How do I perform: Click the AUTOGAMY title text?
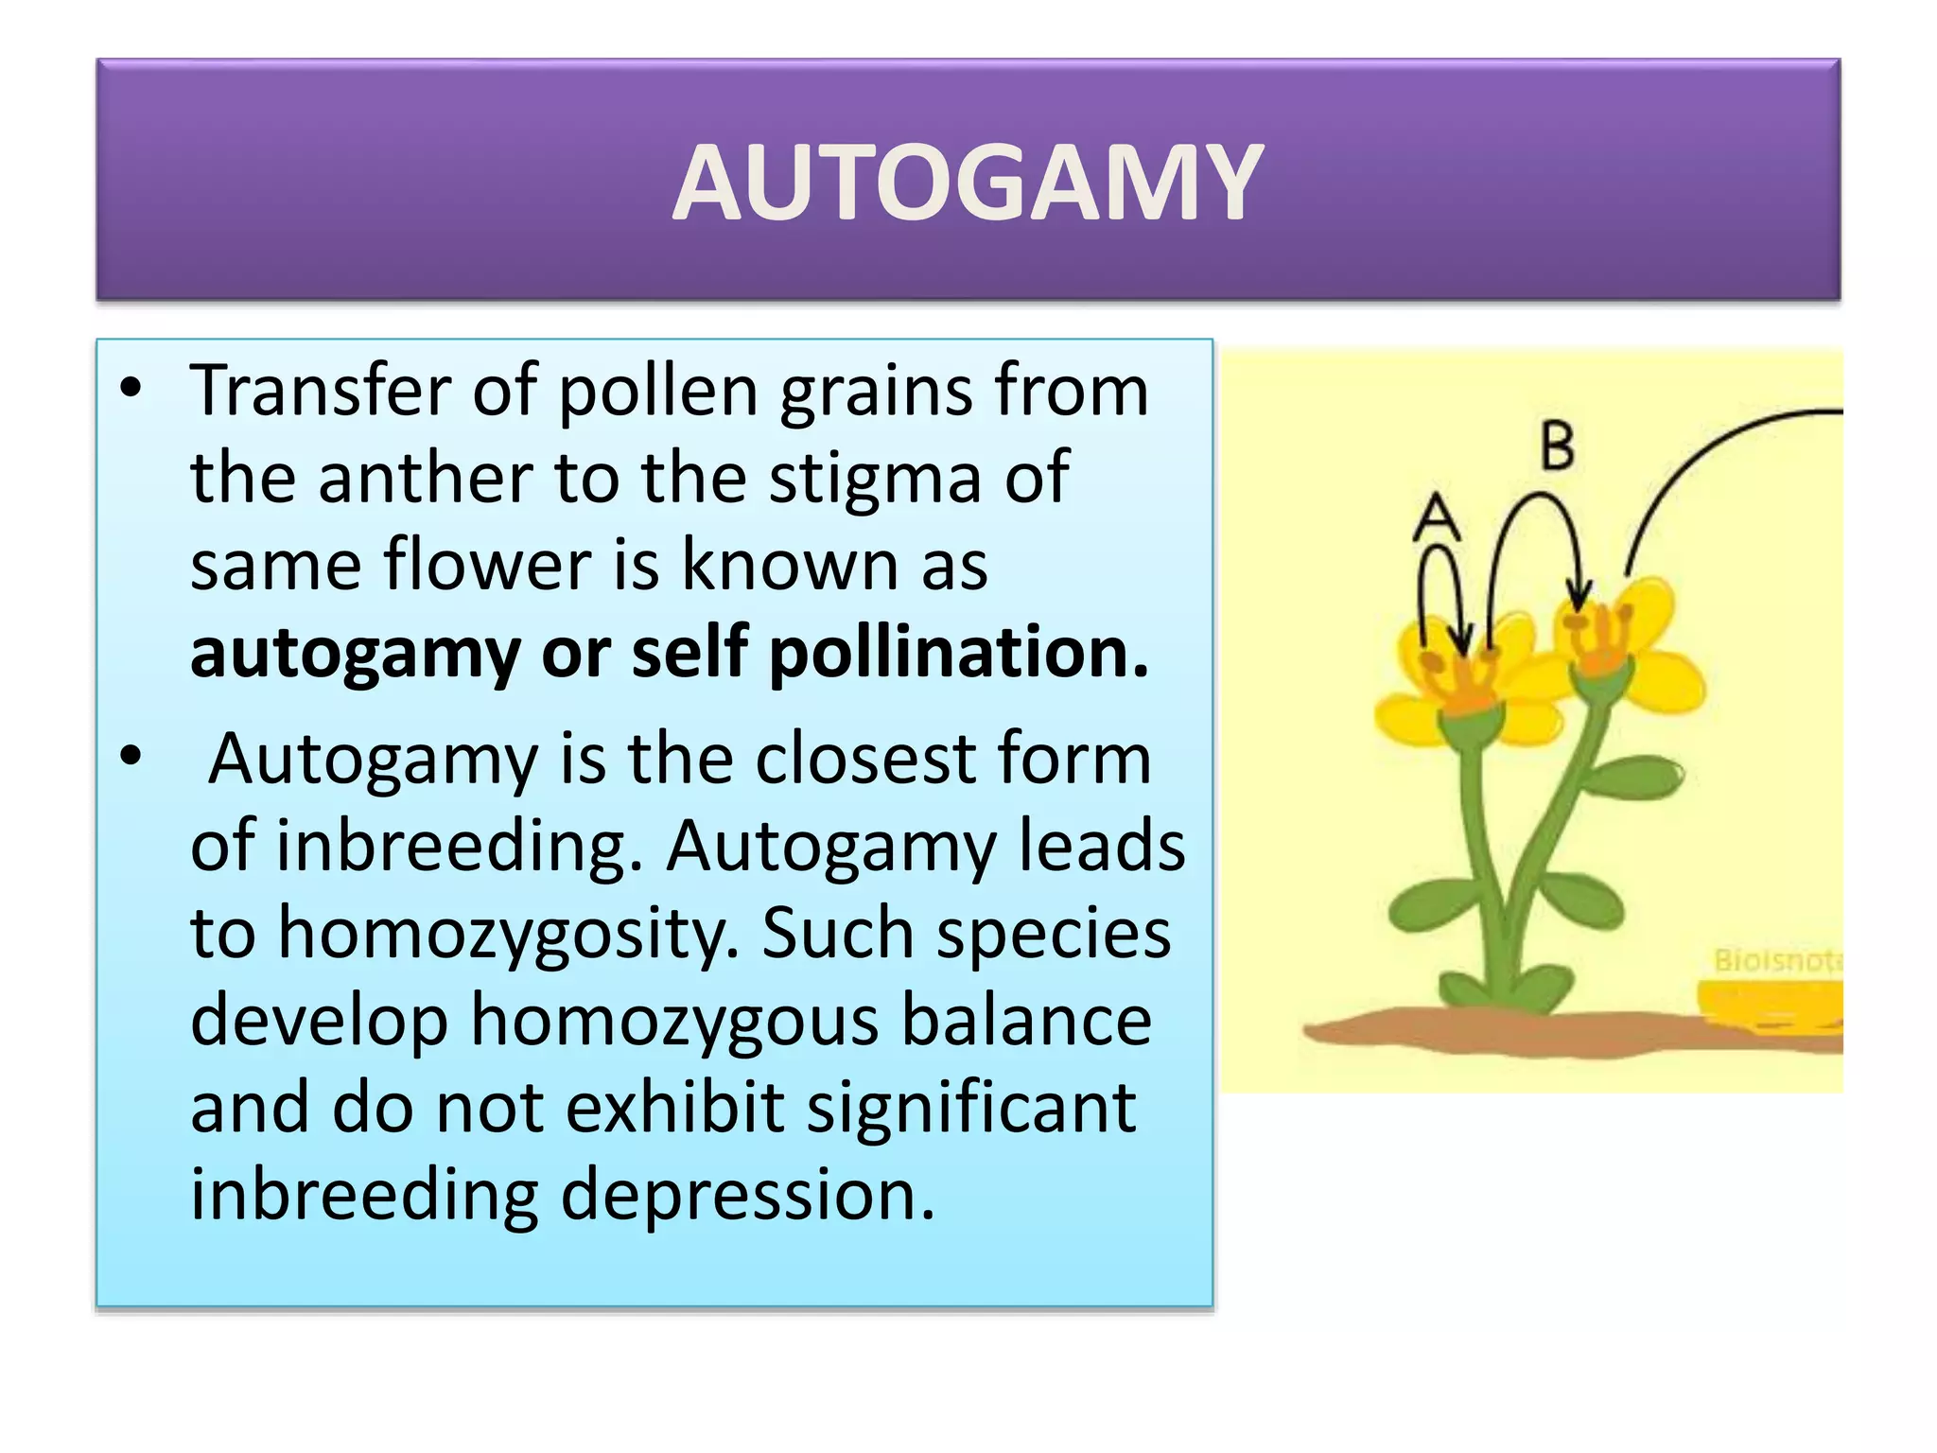click(x=968, y=183)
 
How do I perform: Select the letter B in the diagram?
click(x=1558, y=446)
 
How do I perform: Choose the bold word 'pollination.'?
click(x=958, y=653)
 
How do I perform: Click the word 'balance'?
click(x=1026, y=1020)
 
